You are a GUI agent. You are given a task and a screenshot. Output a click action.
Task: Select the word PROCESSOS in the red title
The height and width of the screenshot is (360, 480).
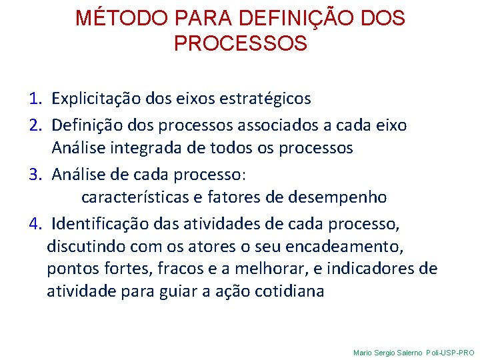click(x=240, y=43)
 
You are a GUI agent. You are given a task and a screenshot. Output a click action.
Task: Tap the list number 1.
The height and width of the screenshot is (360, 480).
click(x=35, y=99)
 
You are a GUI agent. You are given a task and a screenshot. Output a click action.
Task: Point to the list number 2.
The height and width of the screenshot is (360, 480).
click(x=35, y=124)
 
